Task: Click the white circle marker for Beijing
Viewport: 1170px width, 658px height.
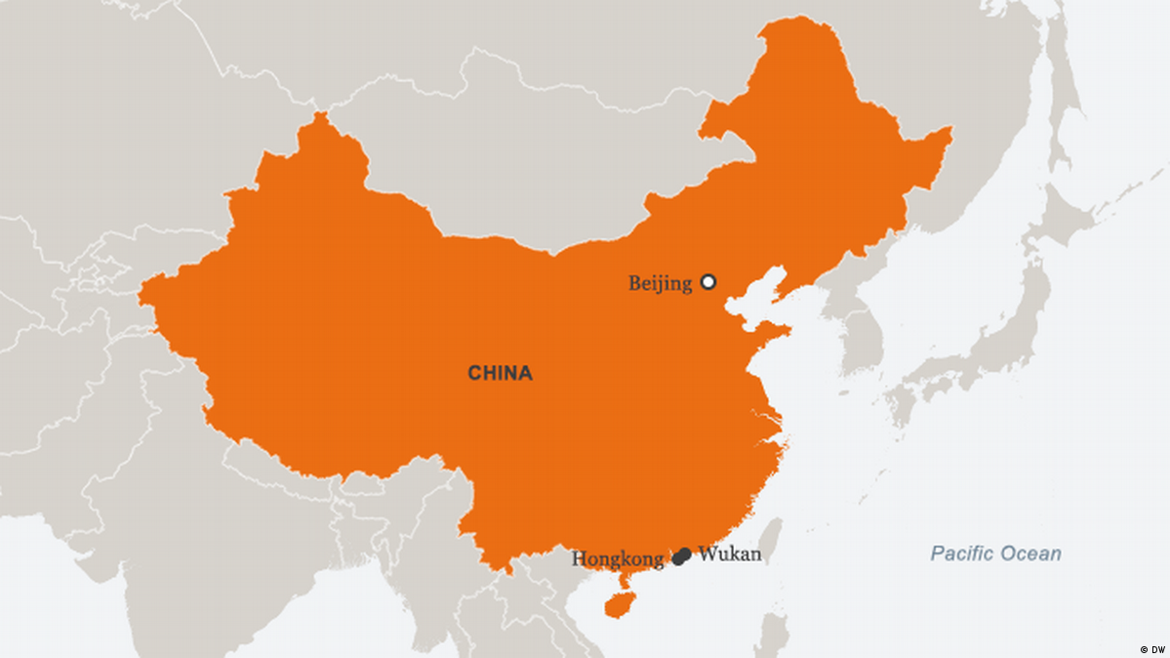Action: [x=708, y=282]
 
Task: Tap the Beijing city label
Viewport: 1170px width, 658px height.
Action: [x=660, y=283]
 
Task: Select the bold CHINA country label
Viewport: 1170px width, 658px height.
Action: [x=500, y=373]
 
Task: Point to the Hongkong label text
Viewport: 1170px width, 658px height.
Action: [x=617, y=559]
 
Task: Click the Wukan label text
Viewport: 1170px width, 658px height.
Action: [x=729, y=555]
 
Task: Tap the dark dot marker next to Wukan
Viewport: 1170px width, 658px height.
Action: [x=685, y=554]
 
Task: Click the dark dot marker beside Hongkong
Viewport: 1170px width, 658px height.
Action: [x=678, y=558]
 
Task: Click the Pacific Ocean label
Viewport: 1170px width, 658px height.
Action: [x=995, y=555]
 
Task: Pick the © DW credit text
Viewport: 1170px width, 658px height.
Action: [x=1151, y=648]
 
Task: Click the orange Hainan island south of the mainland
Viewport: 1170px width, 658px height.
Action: [x=619, y=604]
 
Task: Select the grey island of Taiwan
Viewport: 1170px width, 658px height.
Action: [x=771, y=542]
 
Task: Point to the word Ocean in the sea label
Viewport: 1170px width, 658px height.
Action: [x=1033, y=555]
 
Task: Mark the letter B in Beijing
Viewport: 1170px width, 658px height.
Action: [x=634, y=283]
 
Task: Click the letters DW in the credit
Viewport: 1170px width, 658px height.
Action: [x=1157, y=648]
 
